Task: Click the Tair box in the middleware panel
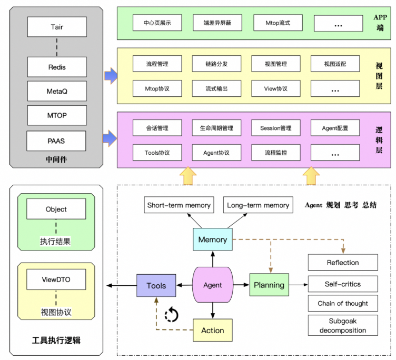(57, 26)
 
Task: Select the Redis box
(57, 67)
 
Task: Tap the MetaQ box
(57, 91)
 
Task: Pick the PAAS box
(57, 141)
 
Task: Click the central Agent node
(213, 285)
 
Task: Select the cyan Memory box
(213, 239)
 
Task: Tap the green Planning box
(269, 285)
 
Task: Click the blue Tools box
(156, 286)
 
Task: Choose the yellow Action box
(213, 331)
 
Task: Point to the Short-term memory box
(179, 205)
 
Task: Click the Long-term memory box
(258, 205)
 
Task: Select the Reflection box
(343, 263)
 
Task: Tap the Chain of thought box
(343, 303)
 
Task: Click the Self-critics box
(343, 284)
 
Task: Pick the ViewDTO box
(56, 279)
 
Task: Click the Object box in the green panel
(56, 209)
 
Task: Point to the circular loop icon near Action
(172, 315)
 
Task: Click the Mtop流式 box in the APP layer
(278, 23)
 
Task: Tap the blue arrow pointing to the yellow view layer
(111, 75)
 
